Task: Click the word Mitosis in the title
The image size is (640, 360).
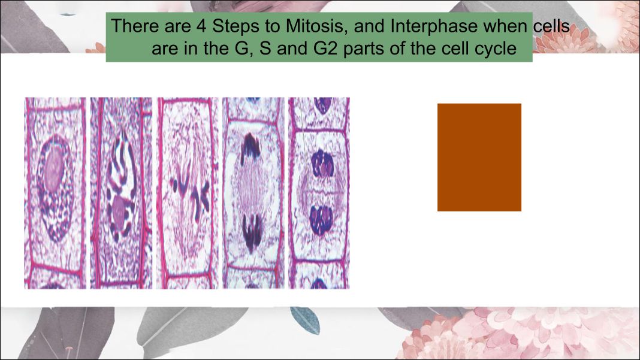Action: coord(316,26)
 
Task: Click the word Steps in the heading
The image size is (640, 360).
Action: coord(236,26)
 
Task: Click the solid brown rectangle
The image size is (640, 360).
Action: coord(479,157)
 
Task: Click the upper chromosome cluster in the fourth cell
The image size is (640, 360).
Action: coord(250,149)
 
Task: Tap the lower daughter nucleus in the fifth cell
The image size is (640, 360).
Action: coord(322,220)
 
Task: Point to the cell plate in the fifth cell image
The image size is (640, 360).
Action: coord(321,192)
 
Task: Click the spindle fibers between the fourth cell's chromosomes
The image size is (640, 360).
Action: coord(252,190)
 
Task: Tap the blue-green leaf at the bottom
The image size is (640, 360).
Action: coord(305,320)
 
